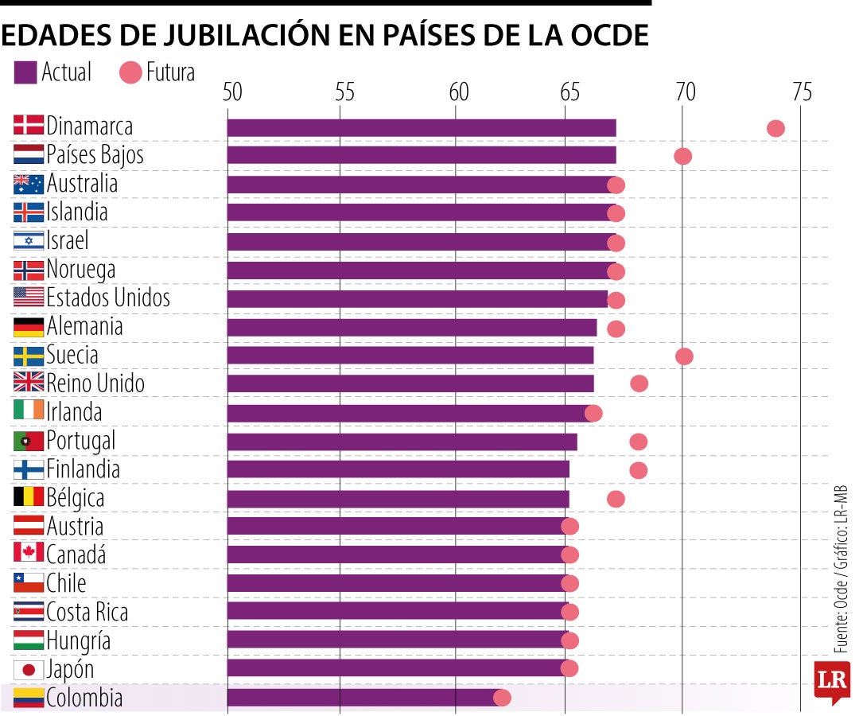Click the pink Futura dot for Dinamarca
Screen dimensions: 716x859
pos(775,129)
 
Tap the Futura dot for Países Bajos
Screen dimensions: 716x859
pos(682,156)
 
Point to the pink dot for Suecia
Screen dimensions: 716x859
pos(684,356)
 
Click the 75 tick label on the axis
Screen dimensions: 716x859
pos(802,93)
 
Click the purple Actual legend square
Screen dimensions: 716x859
pos(25,73)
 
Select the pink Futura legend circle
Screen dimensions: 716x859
pos(130,73)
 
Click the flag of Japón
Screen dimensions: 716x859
pos(29,670)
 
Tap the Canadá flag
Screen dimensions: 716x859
pos(29,554)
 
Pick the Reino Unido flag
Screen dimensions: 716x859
pos(29,383)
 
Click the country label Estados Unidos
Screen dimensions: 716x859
pos(108,298)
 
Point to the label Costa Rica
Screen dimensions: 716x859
pos(87,612)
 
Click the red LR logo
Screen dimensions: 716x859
pos(831,682)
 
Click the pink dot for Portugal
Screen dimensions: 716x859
pos(638,442)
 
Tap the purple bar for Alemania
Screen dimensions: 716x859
pos(411,328)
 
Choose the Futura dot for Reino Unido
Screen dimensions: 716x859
pos(639,384)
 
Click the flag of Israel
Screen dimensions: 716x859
pos(29,240)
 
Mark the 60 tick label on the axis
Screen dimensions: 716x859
pos(457,93)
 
